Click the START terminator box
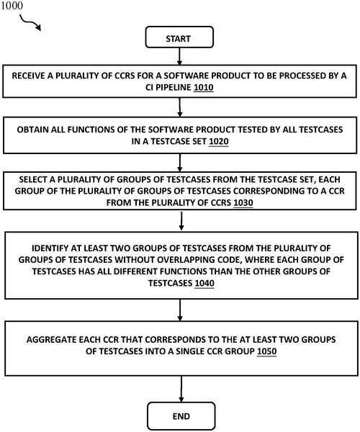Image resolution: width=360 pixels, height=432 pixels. coord(179,37)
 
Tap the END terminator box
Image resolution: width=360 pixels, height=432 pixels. coord(181,416)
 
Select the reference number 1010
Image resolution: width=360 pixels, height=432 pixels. coord(204,87)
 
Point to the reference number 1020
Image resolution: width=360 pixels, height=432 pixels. coord(219,141)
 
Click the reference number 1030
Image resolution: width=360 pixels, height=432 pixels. coord(243,203)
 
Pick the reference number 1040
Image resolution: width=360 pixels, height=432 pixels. coord(204,283)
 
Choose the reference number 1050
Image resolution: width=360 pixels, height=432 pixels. coord(266,351)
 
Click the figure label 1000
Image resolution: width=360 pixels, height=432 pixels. coord(12,6)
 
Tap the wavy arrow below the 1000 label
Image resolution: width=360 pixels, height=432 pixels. coord(30,23)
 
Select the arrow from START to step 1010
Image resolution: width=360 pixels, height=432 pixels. coord(179,56)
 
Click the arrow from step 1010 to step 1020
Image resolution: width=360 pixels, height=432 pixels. coord(180,107)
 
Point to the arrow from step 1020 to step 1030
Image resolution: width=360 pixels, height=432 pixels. coord(180,163)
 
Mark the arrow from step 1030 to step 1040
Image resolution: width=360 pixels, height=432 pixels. coord(181,221)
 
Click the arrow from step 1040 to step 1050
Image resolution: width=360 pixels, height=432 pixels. coord(180,310)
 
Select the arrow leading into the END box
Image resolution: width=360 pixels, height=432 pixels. coord(181,389)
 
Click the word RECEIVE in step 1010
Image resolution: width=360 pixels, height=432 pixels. coord(28,76)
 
